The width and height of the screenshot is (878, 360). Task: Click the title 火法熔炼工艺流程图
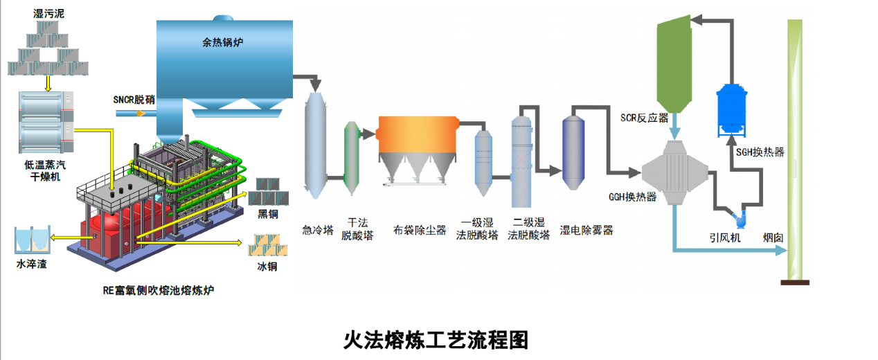436,340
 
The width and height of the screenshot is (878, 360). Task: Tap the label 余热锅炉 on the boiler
223,42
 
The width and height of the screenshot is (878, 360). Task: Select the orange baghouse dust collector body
418,134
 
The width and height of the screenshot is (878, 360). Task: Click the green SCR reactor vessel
674,64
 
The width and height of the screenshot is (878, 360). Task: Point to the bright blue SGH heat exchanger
731,110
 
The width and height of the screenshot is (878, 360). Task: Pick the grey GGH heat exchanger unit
674,173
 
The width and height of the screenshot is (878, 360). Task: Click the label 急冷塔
318,230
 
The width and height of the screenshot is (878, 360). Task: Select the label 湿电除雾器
586,231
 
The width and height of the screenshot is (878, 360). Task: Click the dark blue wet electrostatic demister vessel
573,153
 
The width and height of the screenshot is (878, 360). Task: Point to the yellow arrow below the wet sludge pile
48,84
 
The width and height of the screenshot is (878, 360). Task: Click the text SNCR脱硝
134,100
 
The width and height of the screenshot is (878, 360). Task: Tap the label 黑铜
268,214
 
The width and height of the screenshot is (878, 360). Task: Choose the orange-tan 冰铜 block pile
268,245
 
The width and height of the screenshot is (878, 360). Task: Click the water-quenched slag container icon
32,240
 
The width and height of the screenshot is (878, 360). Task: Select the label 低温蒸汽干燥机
45,171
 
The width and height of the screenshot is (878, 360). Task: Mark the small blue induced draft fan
740,219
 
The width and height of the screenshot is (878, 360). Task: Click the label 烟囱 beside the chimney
773,237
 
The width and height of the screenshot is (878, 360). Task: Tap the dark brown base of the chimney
795,282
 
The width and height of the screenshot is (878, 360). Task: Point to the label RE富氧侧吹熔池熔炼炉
159,290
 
